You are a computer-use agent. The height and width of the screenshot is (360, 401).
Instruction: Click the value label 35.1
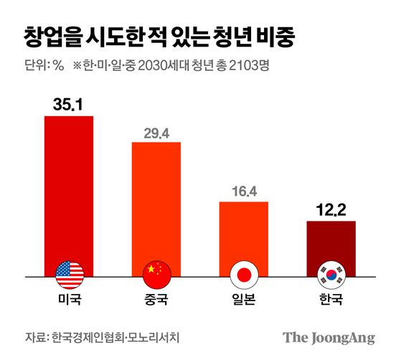pyautogui.click(x=69, y=105)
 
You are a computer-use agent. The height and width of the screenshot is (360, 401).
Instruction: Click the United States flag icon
pyautogui.click(x=69, y=273)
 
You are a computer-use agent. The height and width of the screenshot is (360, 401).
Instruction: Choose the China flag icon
pyautogui.click(x=156, y=273)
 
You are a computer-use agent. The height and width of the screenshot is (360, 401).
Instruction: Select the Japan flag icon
pyautogui.click(x=243, y=273)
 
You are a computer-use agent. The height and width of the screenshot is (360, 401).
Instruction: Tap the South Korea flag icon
pyautogui.click(x=331, y=273)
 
